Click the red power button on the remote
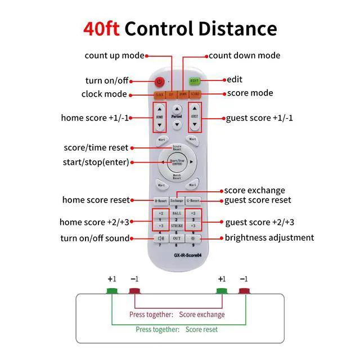point(159,82)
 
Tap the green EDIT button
point(195,81)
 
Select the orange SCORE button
point(195,94)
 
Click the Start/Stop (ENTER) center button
point(177,162)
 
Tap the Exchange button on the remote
point(177,200)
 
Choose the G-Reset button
point(193,200)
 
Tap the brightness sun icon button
point(193,238)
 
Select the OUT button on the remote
point(177,238)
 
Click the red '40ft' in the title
point(101,29)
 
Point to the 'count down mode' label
point(244,56)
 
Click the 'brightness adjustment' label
point(269,237)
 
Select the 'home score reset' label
point(96,200)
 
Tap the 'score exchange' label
point(255,190)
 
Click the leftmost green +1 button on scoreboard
point(111,290)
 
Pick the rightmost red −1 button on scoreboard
point(244,290)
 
